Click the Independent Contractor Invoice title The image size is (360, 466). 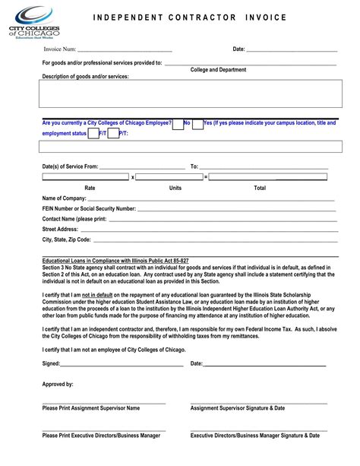pyautogui.click(x=201, y=17)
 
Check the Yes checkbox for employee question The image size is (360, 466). pyautogui.click(x=197, y=125)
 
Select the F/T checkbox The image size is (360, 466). pyautogui.click(x=93, y=135)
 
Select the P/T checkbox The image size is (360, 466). pyautogui.click(x=114, y=135)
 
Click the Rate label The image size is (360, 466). pyautogui.click(x=90, y=187)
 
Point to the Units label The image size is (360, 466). pyautogui.click(x=175, y=187)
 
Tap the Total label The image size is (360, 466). pyautogui.click(x=260, y=187)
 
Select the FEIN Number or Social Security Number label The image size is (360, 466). pyautogui.click(x=89, y=208)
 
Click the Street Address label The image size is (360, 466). pyautogui.click(x=61, y=229)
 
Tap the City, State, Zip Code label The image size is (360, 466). pyautogui.click(x=67, y=239)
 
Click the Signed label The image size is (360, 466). pyautogui.click(x=52, y=363)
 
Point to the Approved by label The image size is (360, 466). pyautogui.click(x=58, y=385)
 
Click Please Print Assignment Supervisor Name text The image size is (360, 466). pyautogui.click(x=91, y=408)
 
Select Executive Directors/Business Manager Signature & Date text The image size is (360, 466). pyautogui.click(x=255, y=436)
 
